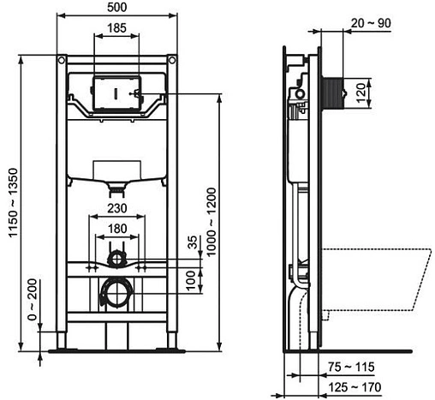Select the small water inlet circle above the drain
point(116,256)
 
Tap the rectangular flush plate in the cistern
point(114,93)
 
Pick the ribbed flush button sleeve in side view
point(331,88)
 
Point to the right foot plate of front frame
point(163,348)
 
